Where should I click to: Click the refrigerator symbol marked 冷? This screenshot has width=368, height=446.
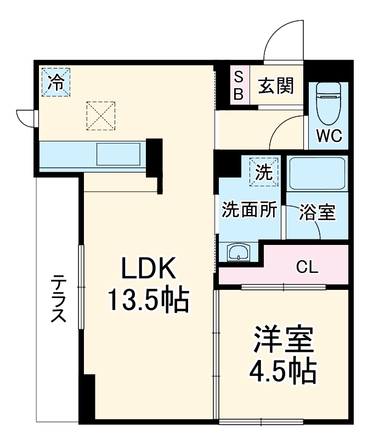(x=55, y=82)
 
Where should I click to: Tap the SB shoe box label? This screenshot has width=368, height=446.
(x=239, y=85)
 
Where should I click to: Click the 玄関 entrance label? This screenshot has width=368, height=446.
(x=276, y=85)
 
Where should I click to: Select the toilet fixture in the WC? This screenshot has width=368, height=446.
(x=329, y=104)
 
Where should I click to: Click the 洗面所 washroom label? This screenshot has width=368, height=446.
(x=248, y=211)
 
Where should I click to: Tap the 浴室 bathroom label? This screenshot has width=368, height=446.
(x=316, y=212)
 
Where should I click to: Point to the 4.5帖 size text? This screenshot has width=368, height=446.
(x=284, y=373)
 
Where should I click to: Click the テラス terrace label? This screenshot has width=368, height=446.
(x=58, y=299)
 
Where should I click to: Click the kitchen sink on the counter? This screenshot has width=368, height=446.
(x=118, y=154)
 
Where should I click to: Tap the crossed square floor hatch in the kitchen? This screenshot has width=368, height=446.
(x=101, y=115)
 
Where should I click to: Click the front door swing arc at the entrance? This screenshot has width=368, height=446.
(x=282, y=41)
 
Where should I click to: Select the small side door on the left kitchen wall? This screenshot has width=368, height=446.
(x=26, y=117)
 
